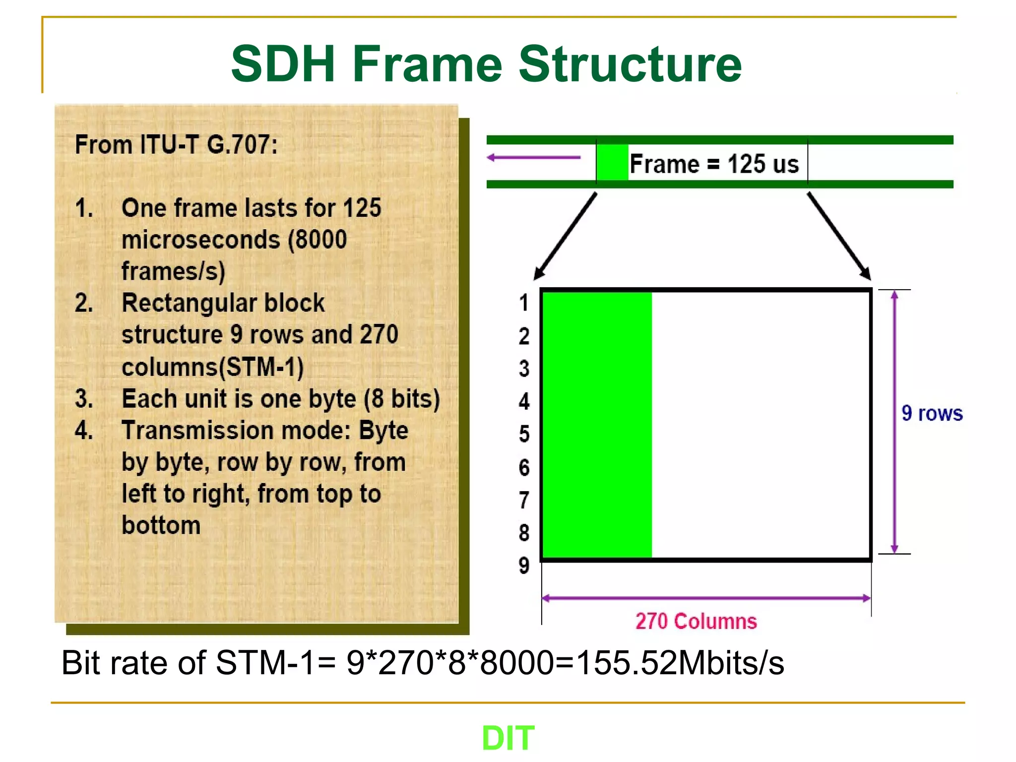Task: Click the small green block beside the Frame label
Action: pyautogui.click(x=612, y=162)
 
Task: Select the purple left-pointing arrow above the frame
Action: pyautogui.click(x=533, y=158)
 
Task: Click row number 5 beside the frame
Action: pyautogui.click(x=524, y=434)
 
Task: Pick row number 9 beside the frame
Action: pyautogui.click(x=524, y=566)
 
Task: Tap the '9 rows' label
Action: pyautogui.click(x=932, y=413)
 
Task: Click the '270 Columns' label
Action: pyautogui.click(x=696, y=621)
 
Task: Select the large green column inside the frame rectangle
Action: pyautogui.click(x=597, y=424)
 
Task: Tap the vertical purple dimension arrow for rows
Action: pyautogui.click(x=894, y=422)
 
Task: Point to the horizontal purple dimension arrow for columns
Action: pyautogui.click(x=706, y=598)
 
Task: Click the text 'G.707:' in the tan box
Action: pyautogui.click(x=242, y=145)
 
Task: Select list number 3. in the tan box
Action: pyautogui.click(x=84, y=399)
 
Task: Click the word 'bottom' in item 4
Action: pyautogui.click(x=161, y=525)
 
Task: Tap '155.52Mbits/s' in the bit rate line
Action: pyautogui.click(x=681, y=663)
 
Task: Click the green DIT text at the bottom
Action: pyautogui.click(x=508, y=738)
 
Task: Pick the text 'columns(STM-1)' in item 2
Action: pyautogui.click(x=212, y=367)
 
